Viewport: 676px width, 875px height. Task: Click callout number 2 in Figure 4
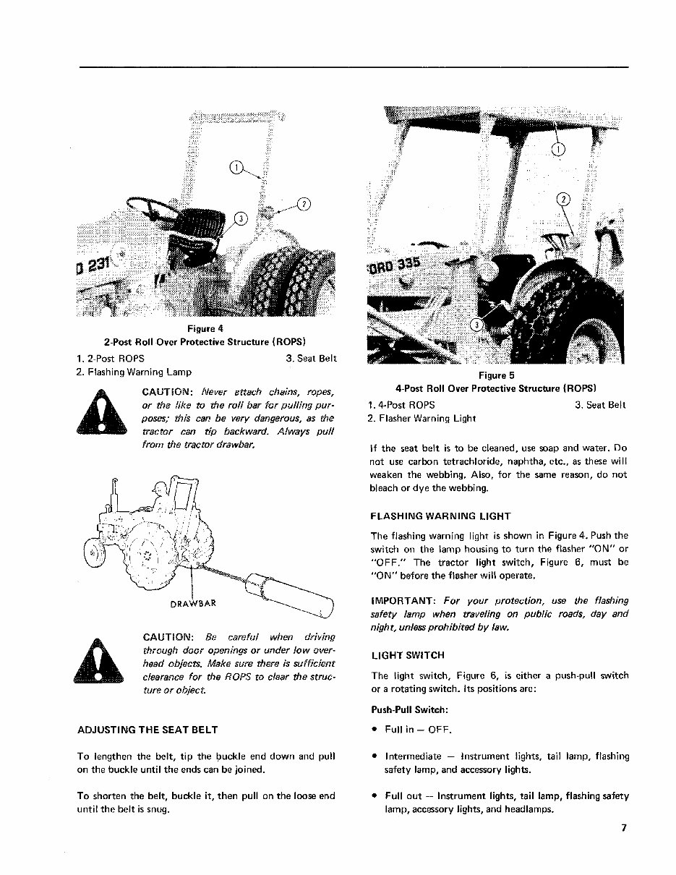(x=304, y=203)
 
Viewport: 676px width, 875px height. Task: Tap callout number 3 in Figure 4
(x=241, y=218)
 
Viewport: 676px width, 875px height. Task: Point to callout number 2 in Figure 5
(x=564, y=200)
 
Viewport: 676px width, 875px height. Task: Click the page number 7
(x=622, y=829)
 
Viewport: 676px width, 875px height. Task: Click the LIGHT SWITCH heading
(x=407, y=655)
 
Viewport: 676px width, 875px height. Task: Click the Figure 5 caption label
(x=495, y=375)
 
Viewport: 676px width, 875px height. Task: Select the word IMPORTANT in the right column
(x=401, y=601)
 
